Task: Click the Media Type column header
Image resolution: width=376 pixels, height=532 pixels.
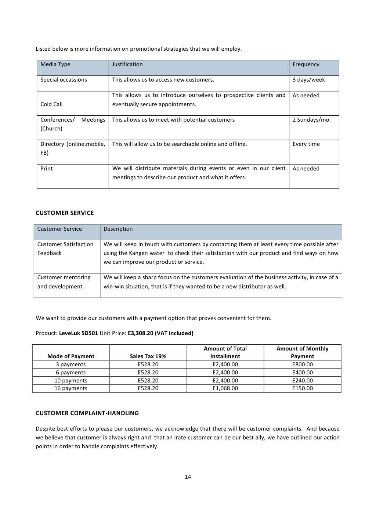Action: tap(55, 64)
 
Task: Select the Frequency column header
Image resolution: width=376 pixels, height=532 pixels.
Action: tap(306, 64)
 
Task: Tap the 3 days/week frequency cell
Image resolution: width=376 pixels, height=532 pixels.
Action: tap(308, 80)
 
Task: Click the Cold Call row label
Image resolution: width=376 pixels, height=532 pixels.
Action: tap(51, 104)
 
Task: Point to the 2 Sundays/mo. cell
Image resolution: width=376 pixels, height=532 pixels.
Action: tap(311, 120)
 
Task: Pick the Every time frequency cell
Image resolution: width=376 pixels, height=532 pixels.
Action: tap(306, 144)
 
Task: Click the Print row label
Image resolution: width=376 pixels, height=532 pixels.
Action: tap(47, 169)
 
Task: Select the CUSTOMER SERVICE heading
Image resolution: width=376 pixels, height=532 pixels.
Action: tap(65, 213)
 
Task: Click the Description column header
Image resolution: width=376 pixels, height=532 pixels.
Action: tap(118, 229)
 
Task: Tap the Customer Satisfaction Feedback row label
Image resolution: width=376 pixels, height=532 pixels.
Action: tap(65, 249)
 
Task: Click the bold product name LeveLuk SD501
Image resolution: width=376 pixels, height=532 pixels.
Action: tap(78, 333)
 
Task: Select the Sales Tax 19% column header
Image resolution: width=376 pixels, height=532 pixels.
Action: tap(148, 356)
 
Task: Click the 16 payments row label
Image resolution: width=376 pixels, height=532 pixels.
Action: tap(71, 388)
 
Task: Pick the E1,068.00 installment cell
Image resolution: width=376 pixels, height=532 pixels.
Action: tap(225, 388)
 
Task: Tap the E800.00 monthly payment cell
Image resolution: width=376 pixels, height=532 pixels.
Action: tap(302, 364)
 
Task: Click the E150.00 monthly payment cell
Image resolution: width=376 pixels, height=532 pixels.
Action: tap(302, 388)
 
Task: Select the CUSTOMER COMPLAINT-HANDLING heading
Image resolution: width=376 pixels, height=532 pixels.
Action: tap(87, 413)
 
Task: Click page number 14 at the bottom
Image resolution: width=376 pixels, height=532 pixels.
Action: tap(188, 477)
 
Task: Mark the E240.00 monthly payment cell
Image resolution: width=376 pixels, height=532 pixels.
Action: tap(302, 381)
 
